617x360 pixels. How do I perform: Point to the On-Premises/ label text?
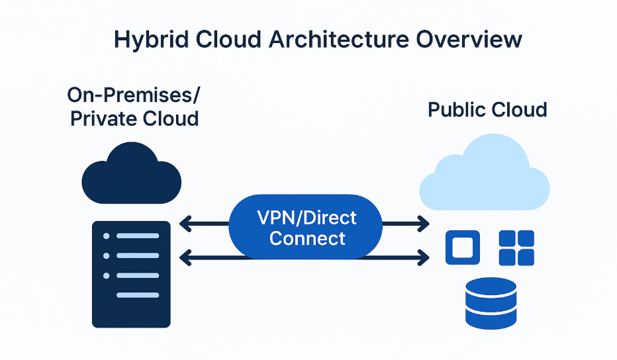point(134,95)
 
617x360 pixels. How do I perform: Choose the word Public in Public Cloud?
point(457,109)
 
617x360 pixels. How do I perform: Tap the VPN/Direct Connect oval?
point(306,227)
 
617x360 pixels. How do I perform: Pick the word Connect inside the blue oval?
point(307,238)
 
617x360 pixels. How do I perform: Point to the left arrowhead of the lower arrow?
point(184,257)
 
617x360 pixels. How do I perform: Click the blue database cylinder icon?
point(491,302)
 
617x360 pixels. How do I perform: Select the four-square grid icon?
point(516,247)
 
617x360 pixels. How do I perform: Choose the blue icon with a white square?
point(462,247)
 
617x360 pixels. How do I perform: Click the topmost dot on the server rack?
point(105,236)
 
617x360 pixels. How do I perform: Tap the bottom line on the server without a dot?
point(138,295)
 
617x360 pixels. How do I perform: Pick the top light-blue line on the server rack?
point(138,236)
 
